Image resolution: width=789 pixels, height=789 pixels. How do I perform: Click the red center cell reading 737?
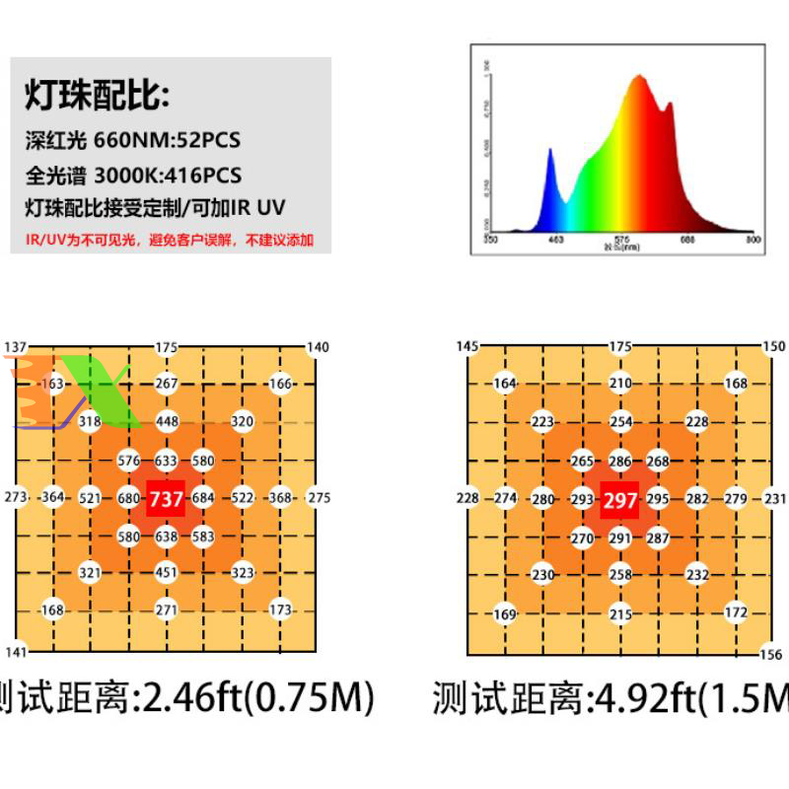tap(166, 499)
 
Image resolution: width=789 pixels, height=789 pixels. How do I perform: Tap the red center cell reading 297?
tap(620, 500)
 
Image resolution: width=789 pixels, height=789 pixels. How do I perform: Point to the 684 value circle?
tap(203, 498)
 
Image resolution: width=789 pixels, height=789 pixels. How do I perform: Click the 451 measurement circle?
tap(167, 572)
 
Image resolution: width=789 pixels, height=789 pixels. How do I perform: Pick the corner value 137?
tap(16, 347)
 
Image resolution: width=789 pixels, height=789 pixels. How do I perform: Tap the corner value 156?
tap(772, 654)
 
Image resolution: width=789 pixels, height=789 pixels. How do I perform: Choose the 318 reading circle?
tap(90, 422)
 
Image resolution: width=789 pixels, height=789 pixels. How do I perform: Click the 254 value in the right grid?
tap(620, 422)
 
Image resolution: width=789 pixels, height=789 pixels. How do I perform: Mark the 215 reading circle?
tap(620, 614)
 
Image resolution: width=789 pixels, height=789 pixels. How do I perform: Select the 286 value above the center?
tap(620, 461)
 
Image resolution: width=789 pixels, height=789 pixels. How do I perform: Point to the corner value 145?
tap(467, 346)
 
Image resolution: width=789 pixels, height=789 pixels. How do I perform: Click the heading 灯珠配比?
tap(97, 99)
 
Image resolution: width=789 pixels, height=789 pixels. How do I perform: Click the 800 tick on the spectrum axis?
tap(753, 239)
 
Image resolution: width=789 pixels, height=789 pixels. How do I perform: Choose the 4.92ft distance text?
tap(641, 699)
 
